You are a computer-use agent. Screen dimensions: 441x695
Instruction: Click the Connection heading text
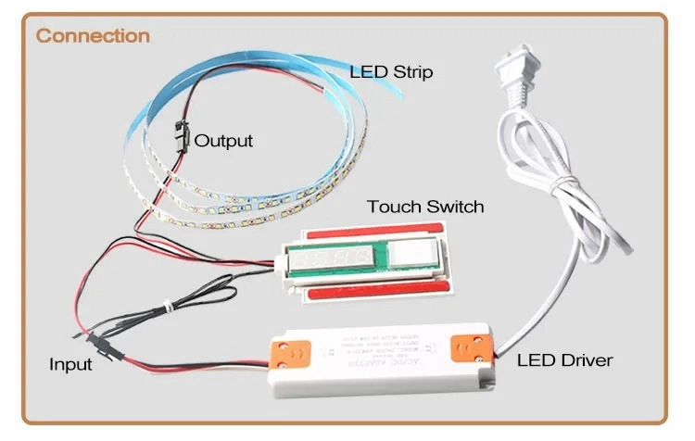(93, 36)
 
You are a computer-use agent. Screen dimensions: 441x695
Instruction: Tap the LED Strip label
(390, 71)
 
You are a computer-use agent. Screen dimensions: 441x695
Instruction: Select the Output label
(223, 141)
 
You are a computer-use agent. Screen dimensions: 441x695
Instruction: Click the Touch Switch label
(425, 206)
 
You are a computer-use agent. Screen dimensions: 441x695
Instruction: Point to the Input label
(70, 364)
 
